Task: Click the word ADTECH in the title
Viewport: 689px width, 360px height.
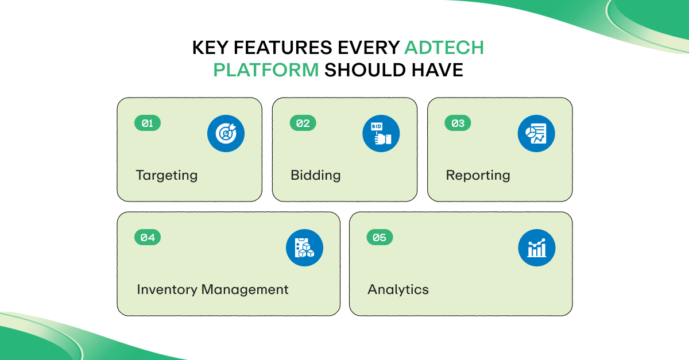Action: coord(444,48)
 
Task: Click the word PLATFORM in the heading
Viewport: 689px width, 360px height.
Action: coord(266,70)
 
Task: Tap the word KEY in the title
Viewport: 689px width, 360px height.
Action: coord(211,48)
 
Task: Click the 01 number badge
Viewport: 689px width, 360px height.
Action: coord(148,123)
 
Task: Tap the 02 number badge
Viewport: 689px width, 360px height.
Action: coord(303,123)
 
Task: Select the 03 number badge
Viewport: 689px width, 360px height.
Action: coord(458,123)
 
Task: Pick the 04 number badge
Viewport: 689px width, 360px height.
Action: coord(148,238)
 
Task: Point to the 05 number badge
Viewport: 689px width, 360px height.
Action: coord(380,238)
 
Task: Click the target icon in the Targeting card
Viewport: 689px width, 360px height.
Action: coord(226,134)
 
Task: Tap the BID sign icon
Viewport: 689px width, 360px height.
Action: coord(381,134)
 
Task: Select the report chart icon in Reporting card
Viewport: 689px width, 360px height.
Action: coord(536,134)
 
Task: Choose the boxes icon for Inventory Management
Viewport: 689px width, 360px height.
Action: coord(305,248)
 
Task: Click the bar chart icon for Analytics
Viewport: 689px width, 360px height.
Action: coord(537,248)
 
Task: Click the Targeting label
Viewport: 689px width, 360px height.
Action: coord(167,176)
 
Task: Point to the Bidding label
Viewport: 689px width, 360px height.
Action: coord(316,175)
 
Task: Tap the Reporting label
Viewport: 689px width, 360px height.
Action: coord(478,176)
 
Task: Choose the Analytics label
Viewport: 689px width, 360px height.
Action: coord(398,290)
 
